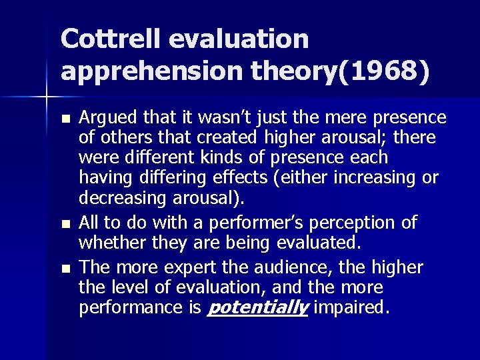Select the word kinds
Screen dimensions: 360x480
point(225,158)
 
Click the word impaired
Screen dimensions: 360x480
point(353,309)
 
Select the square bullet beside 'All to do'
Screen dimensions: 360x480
point(65,222)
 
